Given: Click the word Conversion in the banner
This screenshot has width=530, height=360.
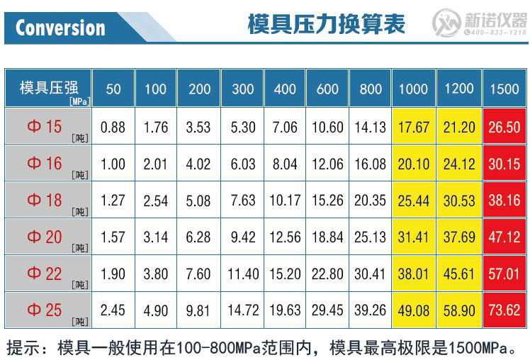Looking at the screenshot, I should pyautogui.click(x=60, y=28).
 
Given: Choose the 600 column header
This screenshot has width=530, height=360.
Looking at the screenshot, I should pyautogui.click(x=327, y=89).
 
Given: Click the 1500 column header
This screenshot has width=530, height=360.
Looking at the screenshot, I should pyautogui.click(x=504, y=89).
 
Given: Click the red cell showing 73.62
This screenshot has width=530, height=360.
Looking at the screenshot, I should pyautogui.click(x=504, y=310).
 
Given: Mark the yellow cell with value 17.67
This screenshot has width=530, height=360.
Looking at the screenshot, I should pyautogui.click(x=414, y=128).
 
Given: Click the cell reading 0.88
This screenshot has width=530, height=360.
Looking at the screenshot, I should pyautogui.click(x=113, y=128).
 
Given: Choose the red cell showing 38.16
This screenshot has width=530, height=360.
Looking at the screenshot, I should pyautogui.click(x=504, y=201).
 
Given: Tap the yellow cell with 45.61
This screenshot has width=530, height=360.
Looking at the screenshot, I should pyautogui.click(x=459, y=274).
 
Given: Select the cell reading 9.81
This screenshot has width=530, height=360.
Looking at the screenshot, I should pyautogui.click(x=198, y=310).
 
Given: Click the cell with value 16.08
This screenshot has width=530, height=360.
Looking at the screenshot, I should pyautogui.click(x=371, y=164).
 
